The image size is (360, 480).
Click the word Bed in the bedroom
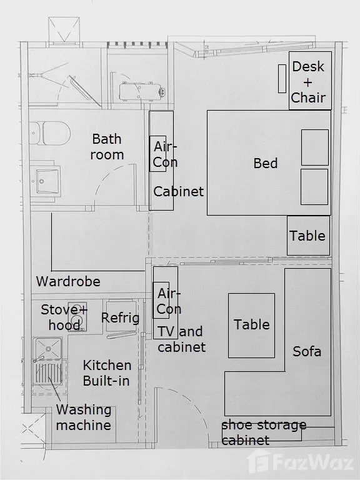(x=266, y=163)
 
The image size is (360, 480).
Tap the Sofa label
(x=307, y=351)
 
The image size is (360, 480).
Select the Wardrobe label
(x=68, y=281)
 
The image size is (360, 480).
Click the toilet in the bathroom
(x=50, y=134)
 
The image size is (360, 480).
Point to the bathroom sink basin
(x=47, y=181)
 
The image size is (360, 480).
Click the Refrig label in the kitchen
(x=120, y=318)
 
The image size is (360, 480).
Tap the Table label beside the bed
(x=307, y=236)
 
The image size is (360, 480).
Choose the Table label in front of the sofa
(x=252, y=324)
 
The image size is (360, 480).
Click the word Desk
(x=308, y=66)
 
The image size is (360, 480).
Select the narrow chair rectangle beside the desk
(x=282, y=79)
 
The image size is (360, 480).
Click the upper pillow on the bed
(x=315, y=147)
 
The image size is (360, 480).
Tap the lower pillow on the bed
(x=314, y=187)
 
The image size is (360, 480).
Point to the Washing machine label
(x=84, y=417)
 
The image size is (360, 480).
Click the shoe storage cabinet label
(x=264, y=432)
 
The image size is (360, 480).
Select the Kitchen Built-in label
(x=107, y=373)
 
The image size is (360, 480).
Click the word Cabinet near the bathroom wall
(x=179, y=192)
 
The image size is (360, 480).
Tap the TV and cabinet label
(x=181, y=339)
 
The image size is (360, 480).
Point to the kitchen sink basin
(x=48, y=348)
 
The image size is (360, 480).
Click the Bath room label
(x=107, y=147)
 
